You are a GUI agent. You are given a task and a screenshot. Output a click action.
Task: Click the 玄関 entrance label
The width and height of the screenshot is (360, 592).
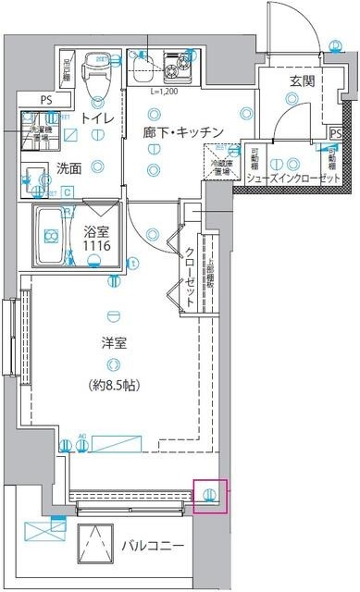(302, 81)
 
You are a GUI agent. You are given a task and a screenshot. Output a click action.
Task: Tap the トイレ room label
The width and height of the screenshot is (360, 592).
(97, 118)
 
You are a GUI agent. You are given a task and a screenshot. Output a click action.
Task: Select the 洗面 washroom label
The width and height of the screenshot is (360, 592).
(68, 168)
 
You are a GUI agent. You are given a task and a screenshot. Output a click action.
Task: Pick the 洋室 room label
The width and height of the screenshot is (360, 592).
(114, 342)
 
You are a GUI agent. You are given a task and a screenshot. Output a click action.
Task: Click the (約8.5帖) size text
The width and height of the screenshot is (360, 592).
(115, 384)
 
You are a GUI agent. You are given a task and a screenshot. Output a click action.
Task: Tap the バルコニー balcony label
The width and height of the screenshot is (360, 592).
(154, 546)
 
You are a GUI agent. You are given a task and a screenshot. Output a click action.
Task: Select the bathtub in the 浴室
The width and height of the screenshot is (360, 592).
(52, 238)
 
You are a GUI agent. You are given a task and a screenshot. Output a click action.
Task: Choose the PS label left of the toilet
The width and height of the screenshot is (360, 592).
(45, 99)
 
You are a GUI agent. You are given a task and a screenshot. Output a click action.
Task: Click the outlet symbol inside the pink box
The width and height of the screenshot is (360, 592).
(210, 495)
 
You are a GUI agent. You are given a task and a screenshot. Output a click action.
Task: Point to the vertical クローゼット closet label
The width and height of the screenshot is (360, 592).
(189, 277)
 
